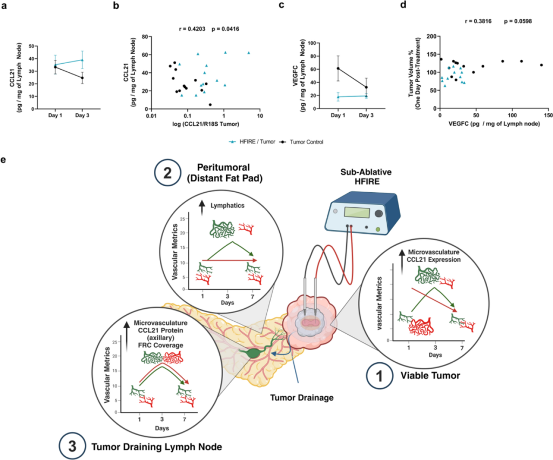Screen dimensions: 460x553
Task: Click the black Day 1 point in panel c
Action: (338, 69)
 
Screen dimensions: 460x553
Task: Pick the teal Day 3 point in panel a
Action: (82, 60)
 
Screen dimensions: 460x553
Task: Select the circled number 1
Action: (379, 375)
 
